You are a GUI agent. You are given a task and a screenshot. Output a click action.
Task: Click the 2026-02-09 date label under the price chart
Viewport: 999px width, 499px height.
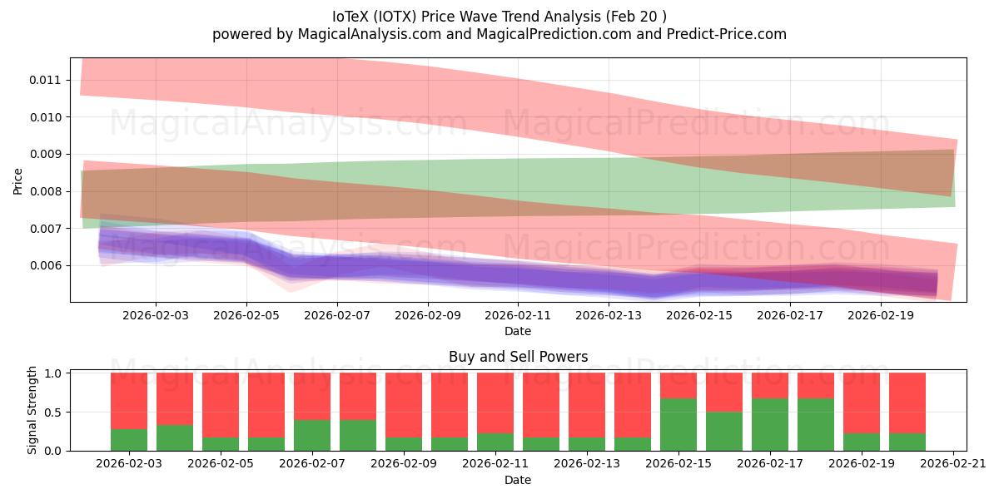tap(427, 316)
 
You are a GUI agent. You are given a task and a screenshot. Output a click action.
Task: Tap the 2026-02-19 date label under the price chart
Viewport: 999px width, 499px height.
tap(881, 316)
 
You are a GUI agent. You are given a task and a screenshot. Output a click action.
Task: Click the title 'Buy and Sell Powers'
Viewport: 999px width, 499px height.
tap(518, 357)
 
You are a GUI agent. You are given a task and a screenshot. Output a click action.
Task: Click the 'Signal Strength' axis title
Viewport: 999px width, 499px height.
tap(33, 410)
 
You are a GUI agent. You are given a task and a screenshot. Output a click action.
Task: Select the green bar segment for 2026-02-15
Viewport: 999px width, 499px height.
tap(678, 425)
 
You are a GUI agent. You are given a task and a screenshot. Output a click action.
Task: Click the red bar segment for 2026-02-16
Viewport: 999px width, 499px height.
tap(724, 393)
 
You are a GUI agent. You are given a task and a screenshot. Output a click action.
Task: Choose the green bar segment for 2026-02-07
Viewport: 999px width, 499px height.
tap(312, 435)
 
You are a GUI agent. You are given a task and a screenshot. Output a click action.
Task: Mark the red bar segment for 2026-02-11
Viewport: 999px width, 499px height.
tap(495, 403)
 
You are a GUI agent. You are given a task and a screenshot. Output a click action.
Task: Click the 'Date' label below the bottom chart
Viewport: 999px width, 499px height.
tap(518, 480)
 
